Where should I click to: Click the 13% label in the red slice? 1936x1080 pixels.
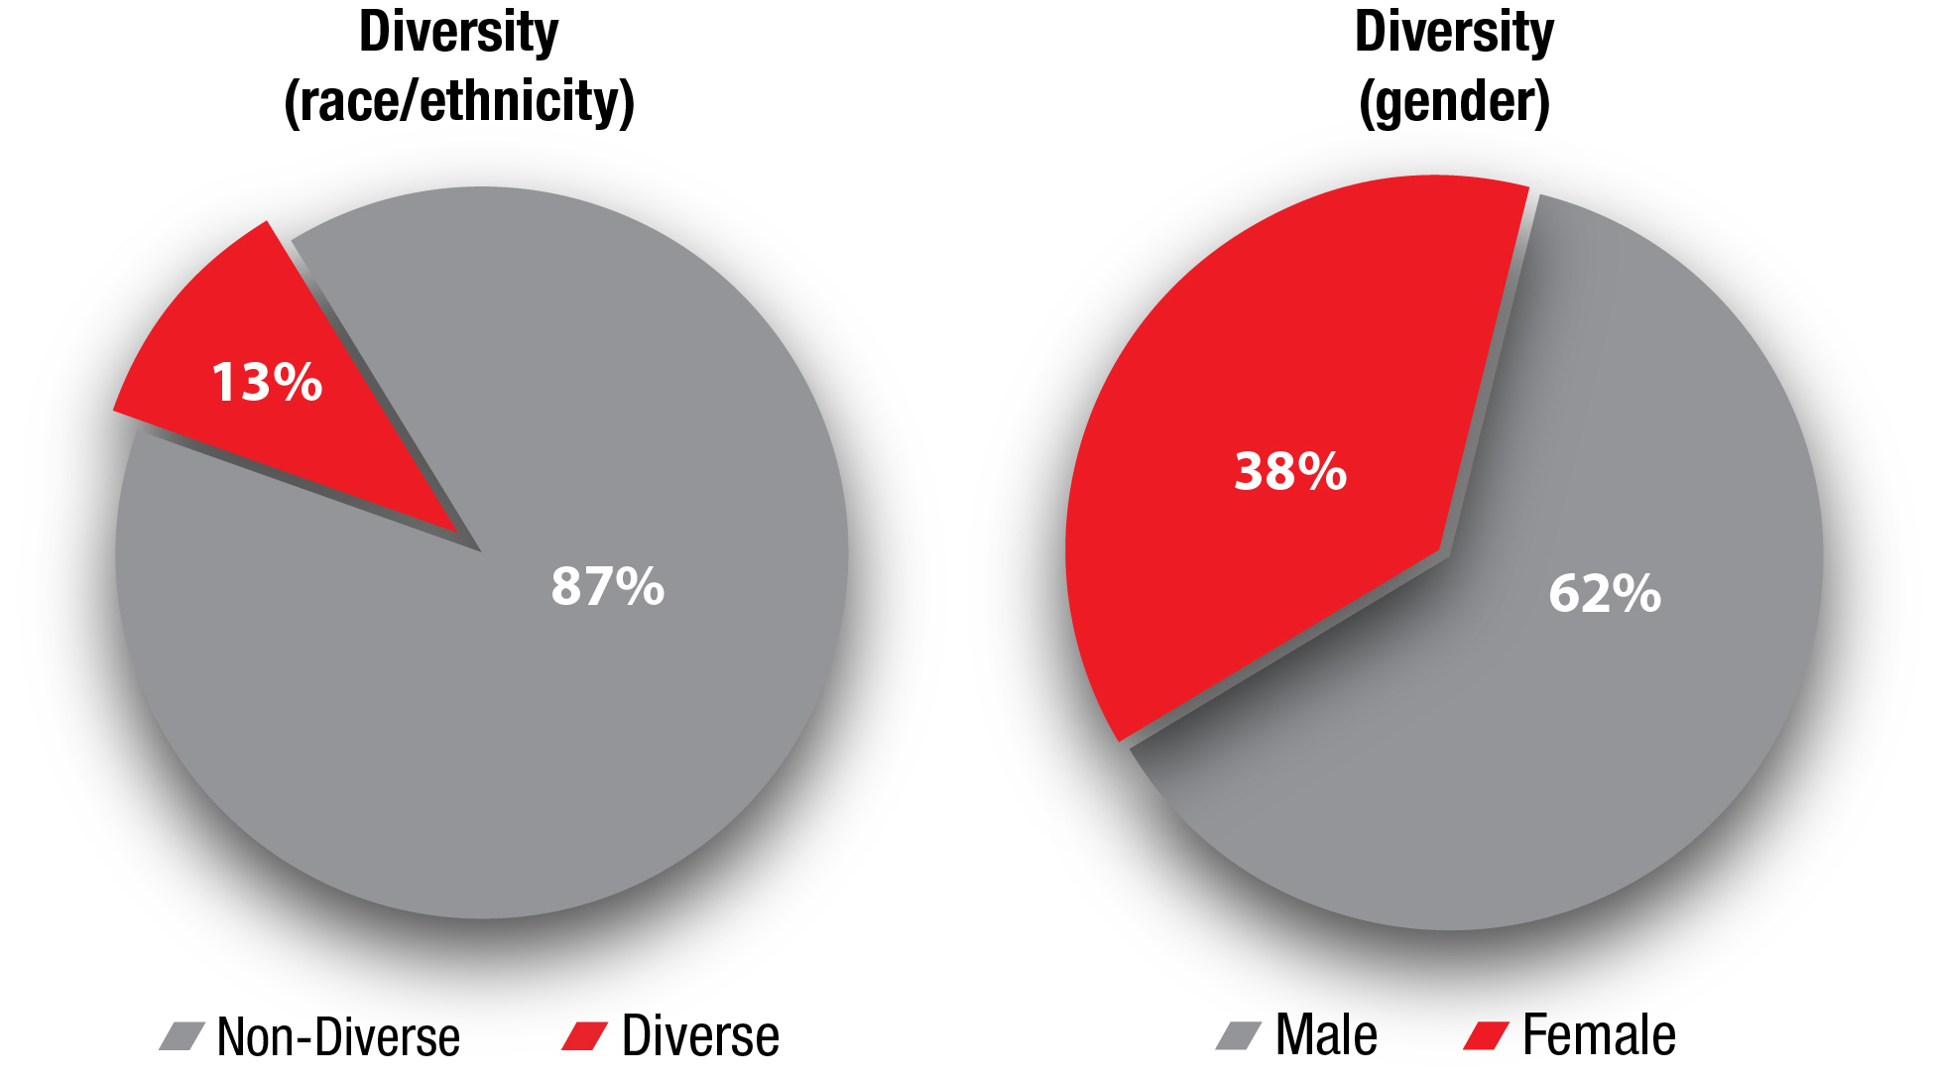pyautogui.click(x=267, y=382)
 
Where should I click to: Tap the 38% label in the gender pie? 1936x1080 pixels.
pyautogui.click(x=1289, y=471)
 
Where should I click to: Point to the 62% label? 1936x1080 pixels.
pyautogui.click(x=1604, y=593)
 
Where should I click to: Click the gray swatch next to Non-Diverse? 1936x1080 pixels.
pyautogui.click(x=182, y=1036)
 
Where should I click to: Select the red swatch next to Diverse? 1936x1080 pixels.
pyautogui.click(x=584, y=1036)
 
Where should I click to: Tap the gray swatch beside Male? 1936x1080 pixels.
pyautogui.click(x=1239, y=1035)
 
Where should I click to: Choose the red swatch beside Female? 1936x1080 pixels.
pyautogui.click(x=1486, y=1035)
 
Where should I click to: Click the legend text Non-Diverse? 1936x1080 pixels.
pyautogui.click(x=338, y=1037)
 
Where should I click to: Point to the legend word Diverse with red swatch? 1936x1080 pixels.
pyautogui.click(x=700, y=1036)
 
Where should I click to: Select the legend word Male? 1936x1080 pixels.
pyautogui.click(x=1326, y=1035)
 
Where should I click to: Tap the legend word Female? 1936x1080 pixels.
pyautogui.click(x=1599, y=1035)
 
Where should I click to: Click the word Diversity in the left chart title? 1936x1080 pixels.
pyautogui.click(x=458, y=32)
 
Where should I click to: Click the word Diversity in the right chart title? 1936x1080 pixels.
pyautogui.click(x=1454, y=32)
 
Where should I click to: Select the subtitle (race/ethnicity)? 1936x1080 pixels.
pyautogui.click(x=458, y=101)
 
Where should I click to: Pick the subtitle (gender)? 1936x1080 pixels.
pyautogui.click(x=1454, y=101)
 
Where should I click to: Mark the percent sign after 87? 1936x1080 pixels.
pyautogui.click(x=639, y=586)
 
